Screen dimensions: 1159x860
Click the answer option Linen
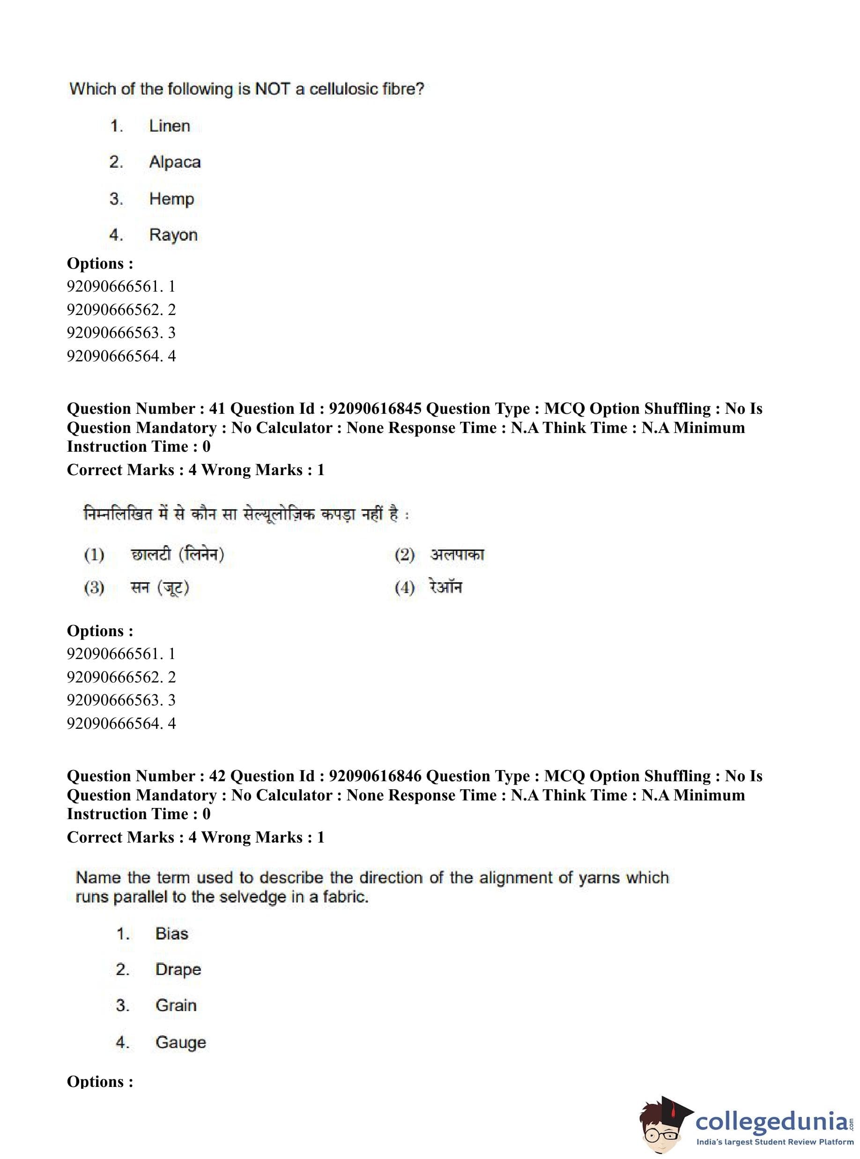point(169,126)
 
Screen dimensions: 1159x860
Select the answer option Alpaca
point(174,162)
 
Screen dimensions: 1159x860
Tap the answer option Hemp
point(171,199)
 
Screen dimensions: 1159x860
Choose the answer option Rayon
point(173,235)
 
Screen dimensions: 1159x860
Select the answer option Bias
point(171,933)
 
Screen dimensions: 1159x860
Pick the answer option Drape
point(178,969)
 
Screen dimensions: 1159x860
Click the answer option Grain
point(176,1005)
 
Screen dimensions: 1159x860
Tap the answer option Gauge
point(181,1042)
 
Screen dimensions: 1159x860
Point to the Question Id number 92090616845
point(375,409)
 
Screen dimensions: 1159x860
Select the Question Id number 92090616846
point(375,776)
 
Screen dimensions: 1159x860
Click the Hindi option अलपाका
point(457,555)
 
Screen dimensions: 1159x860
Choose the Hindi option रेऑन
point(445,587)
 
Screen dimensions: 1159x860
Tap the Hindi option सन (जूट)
point(160,588)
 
